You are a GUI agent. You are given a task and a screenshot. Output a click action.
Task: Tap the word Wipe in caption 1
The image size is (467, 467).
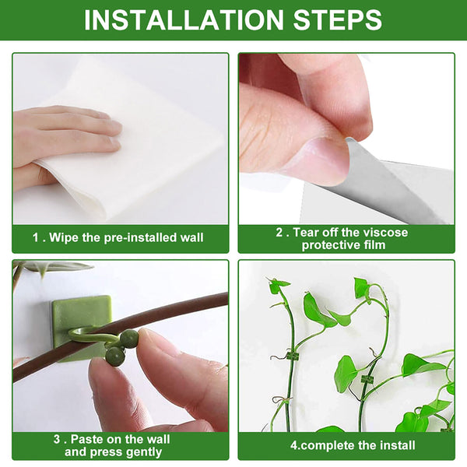[65, 237]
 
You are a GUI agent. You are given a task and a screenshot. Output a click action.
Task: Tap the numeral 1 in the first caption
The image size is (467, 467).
[35, 237]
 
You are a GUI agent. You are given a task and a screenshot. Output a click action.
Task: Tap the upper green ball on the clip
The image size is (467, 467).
[128, 339]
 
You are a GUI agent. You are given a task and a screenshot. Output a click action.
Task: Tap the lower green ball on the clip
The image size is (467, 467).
[114, 356]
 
